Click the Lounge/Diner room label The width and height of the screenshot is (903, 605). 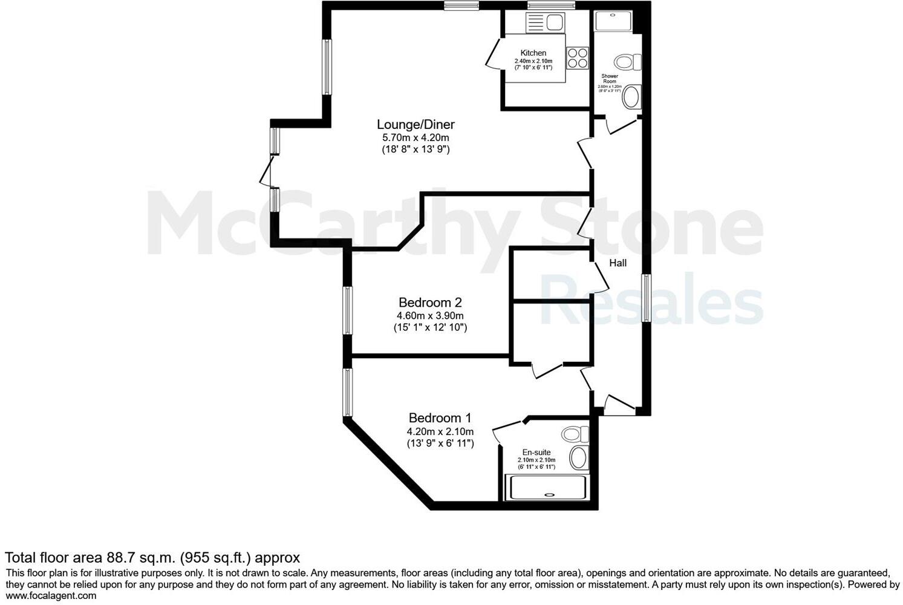(x=416, y=125)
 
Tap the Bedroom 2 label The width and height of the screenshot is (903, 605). (x=430, y=302)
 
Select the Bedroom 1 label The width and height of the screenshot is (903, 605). (x=440, y=417)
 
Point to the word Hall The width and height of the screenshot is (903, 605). (x=618, y=263)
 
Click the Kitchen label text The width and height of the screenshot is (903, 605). (x=533, y=53)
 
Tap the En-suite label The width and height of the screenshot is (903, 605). (x=536, y=452)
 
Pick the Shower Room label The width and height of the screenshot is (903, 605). (x=609, y=79)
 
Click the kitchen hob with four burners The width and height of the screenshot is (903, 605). (x=577, y=57)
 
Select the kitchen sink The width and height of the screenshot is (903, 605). (x=545, y=22)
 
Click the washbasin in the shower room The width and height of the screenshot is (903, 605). (x=631, y=97)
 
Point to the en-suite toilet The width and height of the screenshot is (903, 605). (x=574, y=434)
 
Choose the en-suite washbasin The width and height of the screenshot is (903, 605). (x=579, y=458)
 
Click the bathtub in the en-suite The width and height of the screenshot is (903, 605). (x=546, y=488)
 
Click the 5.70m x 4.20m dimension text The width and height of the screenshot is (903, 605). (x=415, y=137)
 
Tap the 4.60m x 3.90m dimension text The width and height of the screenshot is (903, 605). (x=430, y=315)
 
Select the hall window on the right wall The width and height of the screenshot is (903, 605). (x=646, y=298)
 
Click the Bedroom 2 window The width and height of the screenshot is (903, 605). (x=348, y=310)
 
